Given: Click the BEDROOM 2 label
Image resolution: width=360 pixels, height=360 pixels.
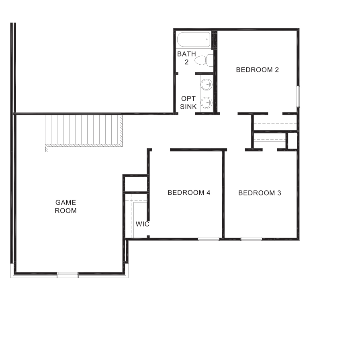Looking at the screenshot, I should (x=257, y=70).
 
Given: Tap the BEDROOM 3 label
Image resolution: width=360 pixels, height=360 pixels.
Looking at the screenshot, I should (x=260, y=193).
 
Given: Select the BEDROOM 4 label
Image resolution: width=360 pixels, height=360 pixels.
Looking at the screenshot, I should (x=189, y=192).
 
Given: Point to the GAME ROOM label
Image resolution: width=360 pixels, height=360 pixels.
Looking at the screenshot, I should (x=65, y=207).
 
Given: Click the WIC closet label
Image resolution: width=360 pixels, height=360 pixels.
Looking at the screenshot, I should (x=142, y=224).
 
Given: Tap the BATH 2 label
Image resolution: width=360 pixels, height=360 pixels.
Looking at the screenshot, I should (x=186, y=57).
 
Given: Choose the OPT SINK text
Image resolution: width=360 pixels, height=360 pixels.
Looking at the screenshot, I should (x=188, y=102).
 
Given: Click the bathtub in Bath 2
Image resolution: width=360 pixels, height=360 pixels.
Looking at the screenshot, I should (x=194, y=40).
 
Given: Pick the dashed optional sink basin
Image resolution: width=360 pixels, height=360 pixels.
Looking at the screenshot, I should (x=207, y=103).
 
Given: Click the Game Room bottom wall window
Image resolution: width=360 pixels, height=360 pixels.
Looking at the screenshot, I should (x=67, y=275).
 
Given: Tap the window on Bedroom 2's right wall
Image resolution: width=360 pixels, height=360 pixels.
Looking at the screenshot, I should (x=298, y=96).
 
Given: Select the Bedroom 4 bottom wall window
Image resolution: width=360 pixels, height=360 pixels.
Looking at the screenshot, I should (x=209, y=239).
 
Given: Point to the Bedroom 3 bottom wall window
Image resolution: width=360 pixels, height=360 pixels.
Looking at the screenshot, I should (x=251, y=239).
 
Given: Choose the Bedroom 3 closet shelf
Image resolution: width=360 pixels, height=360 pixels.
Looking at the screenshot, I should (x=270, y=140).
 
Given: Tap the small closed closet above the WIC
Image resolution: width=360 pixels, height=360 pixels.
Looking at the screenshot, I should (x=135, y=184).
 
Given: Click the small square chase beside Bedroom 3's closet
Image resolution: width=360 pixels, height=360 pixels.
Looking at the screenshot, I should (x=292, y=141).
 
